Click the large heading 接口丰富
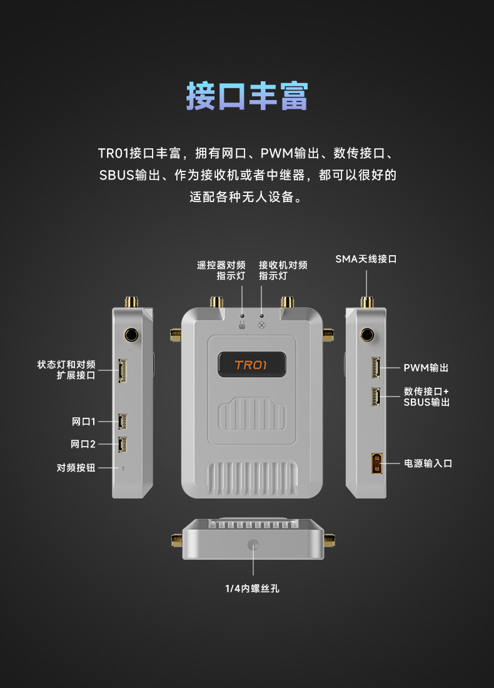pyautogui.click(x=247, y=96)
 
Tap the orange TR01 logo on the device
pyautogui.click(x=251, y=365)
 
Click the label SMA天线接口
pyautogui.click(x=366, y=259)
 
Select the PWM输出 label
pyautogui.click(x=426, y=368)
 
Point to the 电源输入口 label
pyautogui.click(x=428, y=463)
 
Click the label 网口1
pyautogui.click(x=83, y=422)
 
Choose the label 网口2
pyautogui.click(x=83, y=444)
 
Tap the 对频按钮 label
pyautogui.click(x=76, y=468)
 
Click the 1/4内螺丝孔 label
pyautogui.click(x=252, y=589)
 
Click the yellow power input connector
pyautogui.click(x=377, y=463)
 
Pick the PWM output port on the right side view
pyautogui.click(x=376, y=367)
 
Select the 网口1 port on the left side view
pyautogui.click(x=123, y=422)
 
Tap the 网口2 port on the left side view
pyautogui.click(x=123, y=445)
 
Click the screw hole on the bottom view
pyautogui.click(x=253, y=545)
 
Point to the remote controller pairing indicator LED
pyautogui.click(x=242, y=315)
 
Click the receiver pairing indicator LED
pyautogui.click(x=262, y=315)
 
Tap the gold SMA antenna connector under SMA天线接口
pyautogui.click(x=367, y=302)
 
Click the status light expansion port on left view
pyautogui.click(x=122, y=370)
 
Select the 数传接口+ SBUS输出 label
pyautogui.click(x=426, y=397)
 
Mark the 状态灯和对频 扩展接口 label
pyautogui.click(x=66, y=370)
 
